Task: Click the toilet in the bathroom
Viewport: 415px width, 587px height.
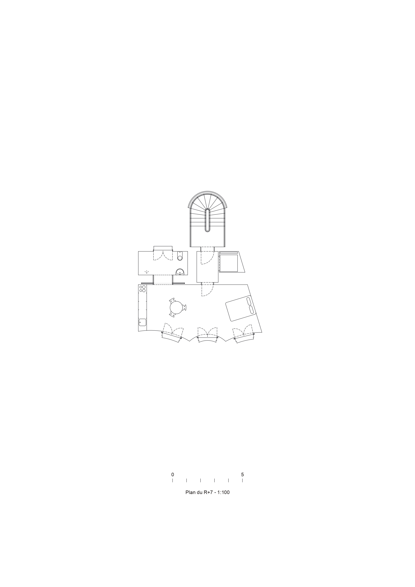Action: tap(180, 256)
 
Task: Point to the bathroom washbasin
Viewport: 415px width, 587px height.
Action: tap(180, 272)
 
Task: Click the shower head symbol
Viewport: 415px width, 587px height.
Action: tap(146, 272)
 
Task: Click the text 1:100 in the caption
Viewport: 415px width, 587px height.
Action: tap(223, 492)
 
